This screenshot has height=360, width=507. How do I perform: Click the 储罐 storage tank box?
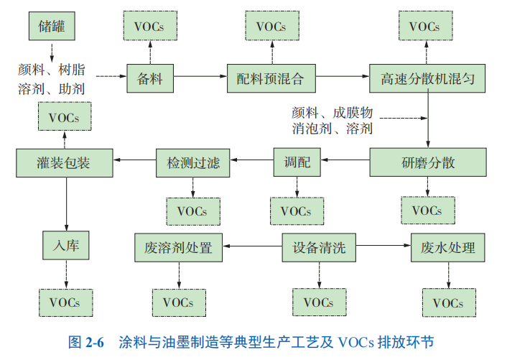(x=52, y=27)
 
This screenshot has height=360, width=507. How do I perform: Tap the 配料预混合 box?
(x=271, y=78)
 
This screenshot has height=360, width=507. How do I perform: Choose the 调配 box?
(x=297, y=162)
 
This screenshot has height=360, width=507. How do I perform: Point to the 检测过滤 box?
(x=192, y=162)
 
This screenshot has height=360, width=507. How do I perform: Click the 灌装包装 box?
(x=64, y=162)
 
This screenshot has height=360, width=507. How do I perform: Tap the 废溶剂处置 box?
(x=178, y=248)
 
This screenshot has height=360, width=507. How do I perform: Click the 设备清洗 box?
(x=318, y=248)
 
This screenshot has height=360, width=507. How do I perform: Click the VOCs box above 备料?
(x=150, y=27)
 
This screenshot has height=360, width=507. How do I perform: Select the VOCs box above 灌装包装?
(x=64, y=116)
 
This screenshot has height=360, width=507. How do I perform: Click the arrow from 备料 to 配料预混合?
(x=200, y=77)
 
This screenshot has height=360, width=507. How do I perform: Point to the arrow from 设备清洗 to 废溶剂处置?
(x=251, y=248)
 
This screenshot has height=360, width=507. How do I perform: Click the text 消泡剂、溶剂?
(x=332, y=129)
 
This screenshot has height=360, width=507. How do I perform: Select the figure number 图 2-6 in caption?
(x=86, y=342)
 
